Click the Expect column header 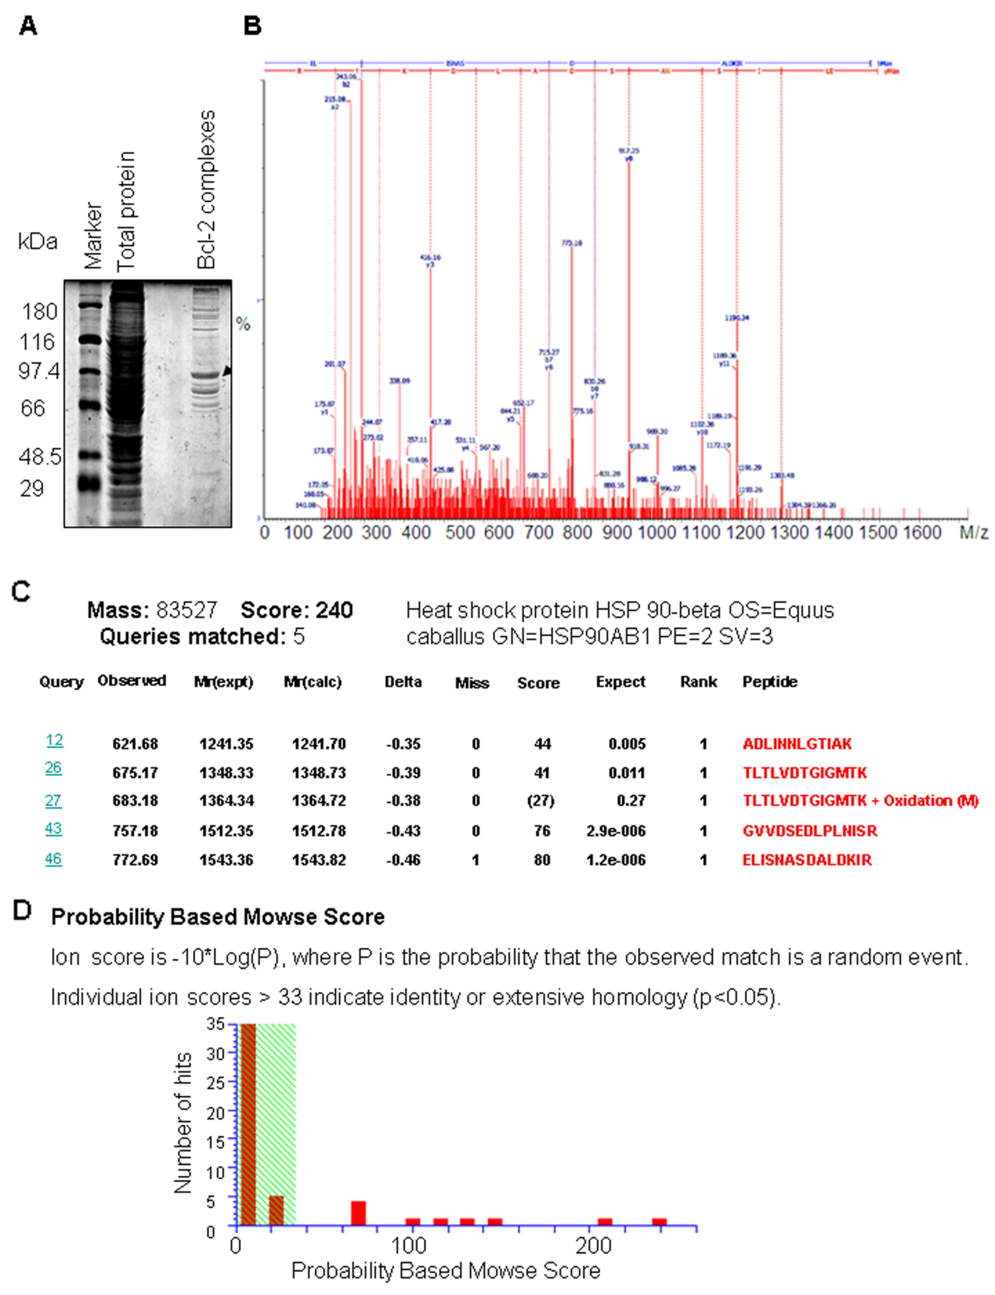(620, 682)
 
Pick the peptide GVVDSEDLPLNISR (810, 831)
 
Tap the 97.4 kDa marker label (39, 371)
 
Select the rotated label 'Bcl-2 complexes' (206, 190)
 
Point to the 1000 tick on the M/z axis (656, 532)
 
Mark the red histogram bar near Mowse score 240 (659, 1222)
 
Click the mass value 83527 (187, 610)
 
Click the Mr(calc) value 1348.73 (319, 773)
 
